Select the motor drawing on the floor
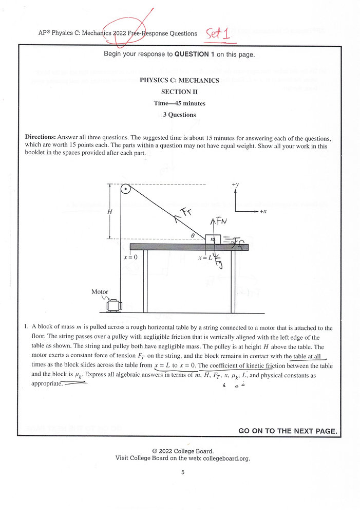tap(113, 305)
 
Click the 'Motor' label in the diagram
tap(100, 292)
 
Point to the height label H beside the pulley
tap(110, 211)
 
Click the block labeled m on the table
tap(213, 240)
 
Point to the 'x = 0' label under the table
tap(130, 257)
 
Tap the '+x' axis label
tap(262, 211)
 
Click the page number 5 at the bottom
tap(182, 473)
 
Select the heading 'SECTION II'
tap(179, 91)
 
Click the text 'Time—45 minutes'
tap(179, 103)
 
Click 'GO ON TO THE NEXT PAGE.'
tap(288, 431)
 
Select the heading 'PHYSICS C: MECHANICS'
tap(179, 80)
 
